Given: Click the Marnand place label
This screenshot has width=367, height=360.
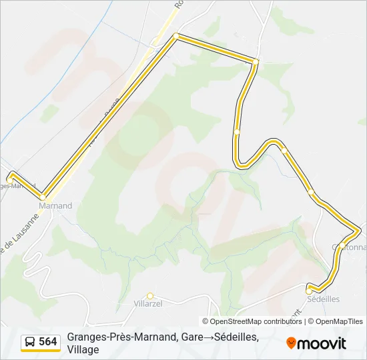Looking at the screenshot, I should click(x=55, y=206).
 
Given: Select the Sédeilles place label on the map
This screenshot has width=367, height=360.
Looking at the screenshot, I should click(x=324, y=299).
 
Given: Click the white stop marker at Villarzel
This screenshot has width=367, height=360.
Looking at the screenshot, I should click(x=150, y=296).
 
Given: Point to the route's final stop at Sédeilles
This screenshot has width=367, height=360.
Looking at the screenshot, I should click(x=309, y=291).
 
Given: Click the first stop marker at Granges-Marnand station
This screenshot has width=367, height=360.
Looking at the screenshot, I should click(x=10, y=178).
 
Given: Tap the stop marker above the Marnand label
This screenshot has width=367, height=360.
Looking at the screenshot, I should click(x=43, y=197).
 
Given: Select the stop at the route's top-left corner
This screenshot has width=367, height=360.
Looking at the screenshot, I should click(x=175, y=36).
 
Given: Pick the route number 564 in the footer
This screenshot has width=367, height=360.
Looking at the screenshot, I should click(x=47, y=342).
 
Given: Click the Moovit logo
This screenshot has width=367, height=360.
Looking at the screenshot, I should click(x=316, y=343).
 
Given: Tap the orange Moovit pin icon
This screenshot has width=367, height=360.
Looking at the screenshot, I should click(x=291, y=343).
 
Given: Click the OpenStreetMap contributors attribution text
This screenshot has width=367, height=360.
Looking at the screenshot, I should click(x=256, y=321).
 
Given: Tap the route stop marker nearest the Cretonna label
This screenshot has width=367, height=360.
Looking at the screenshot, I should click(x=342, y=246).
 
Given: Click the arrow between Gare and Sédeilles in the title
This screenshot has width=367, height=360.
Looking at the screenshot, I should click(x=209, y=337).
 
